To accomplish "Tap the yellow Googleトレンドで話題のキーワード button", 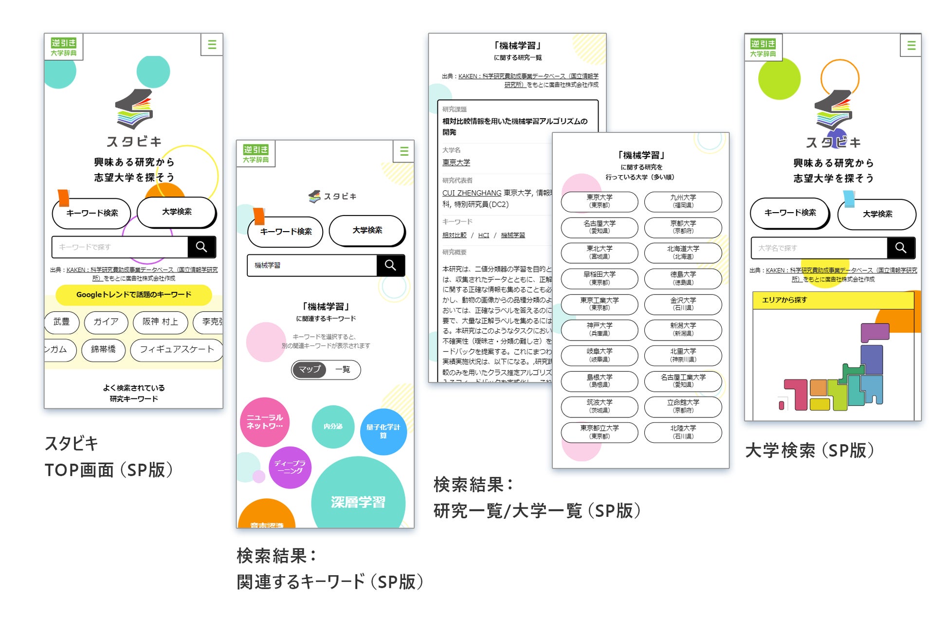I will (133, 294).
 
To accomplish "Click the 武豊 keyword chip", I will (61, 322).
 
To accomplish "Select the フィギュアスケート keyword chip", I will (177, 349).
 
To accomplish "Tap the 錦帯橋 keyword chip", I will (103, 349).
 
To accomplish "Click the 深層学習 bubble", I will (358, 501).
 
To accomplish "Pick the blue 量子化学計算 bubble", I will (383, 431).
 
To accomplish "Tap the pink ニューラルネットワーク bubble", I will (265, 422).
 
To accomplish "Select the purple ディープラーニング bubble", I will (290, 467).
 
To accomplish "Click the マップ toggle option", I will (310, 369).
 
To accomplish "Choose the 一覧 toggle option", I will (343, 369).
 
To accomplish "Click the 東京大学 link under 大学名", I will (456, 163).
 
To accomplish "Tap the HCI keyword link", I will (483, 235).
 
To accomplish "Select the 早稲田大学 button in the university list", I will (599, 278).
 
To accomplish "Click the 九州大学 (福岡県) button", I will (683, 201).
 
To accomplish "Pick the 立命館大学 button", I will (683, 406).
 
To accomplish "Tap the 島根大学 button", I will (599, 381).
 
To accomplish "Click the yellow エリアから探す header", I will (833, 300).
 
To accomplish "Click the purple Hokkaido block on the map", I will (875, 333).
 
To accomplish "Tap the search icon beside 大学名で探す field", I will (900, 248).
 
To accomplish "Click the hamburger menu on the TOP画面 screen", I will (212, 45).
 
